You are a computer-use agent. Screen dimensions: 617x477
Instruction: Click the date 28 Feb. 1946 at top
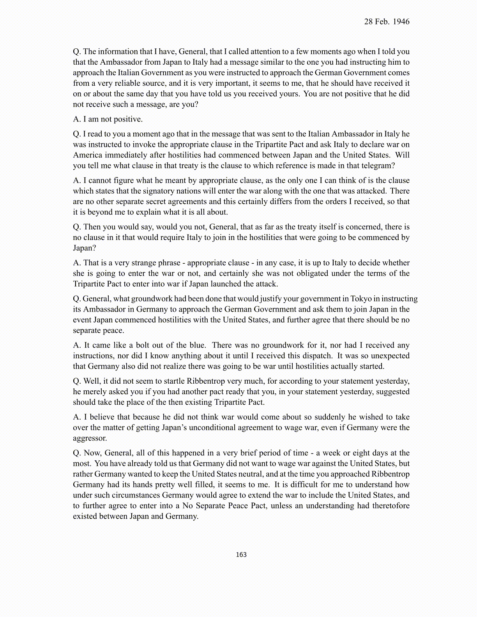[387, 22]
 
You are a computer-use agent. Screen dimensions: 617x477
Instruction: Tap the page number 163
[241, 555]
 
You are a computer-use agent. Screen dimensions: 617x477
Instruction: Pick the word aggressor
[90, 438]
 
